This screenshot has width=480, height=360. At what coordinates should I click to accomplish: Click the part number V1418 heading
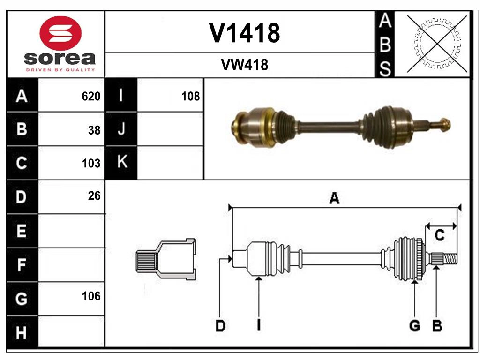[x=244, y=33]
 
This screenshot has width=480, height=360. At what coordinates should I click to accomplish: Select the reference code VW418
[x=244, y=65]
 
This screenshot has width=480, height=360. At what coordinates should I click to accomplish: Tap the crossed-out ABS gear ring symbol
[x=437, y=44]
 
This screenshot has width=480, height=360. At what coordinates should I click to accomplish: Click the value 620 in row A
[x=91, y=97]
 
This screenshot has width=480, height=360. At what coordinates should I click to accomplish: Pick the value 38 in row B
[x=94, y=130]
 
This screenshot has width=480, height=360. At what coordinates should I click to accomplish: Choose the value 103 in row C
[x=91, y=164]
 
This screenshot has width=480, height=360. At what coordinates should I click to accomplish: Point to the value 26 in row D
[x=94, y=196]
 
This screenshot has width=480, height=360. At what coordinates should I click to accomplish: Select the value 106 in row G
[x=91, y=296]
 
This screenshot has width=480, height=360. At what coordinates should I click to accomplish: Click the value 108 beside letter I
[x=190, y=97]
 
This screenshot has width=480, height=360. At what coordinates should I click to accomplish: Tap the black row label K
[x=121, y=163]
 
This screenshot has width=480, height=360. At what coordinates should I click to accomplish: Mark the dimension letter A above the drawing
[x=334, y=198]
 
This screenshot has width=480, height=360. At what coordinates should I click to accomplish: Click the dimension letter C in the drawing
[x=439, y=235]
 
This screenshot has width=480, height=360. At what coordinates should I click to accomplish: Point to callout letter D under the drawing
[x=220, y=326]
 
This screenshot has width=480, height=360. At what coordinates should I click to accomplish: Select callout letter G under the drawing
[x=414, y=326]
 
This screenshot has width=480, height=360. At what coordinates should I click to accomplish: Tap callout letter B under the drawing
[x=437, y=326]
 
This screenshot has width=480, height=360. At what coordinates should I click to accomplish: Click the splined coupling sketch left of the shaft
[x=166, y=259]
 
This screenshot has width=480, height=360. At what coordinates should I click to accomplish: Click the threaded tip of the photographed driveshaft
[x=443, y=125]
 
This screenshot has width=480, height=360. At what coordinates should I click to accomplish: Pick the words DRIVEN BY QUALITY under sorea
[x=60, y=70]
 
